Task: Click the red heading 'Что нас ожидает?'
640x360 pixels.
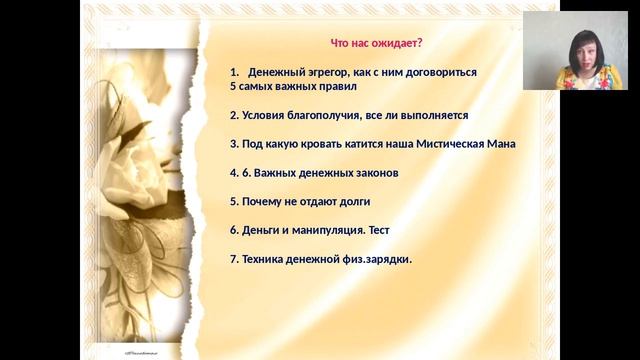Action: [x=377, y=43]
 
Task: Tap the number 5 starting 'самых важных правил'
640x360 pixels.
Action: [x=232, y=86]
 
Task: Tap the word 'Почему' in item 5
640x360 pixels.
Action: [x=262, y=201]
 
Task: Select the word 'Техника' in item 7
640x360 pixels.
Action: [x=265, y=259]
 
